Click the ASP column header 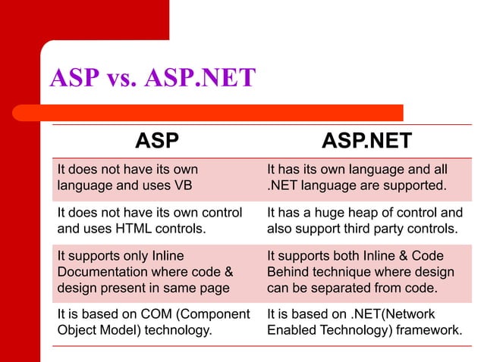point(157,141)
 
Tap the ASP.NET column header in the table point(366,141)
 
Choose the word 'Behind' point(291,271)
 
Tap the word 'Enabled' point(291,330)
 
